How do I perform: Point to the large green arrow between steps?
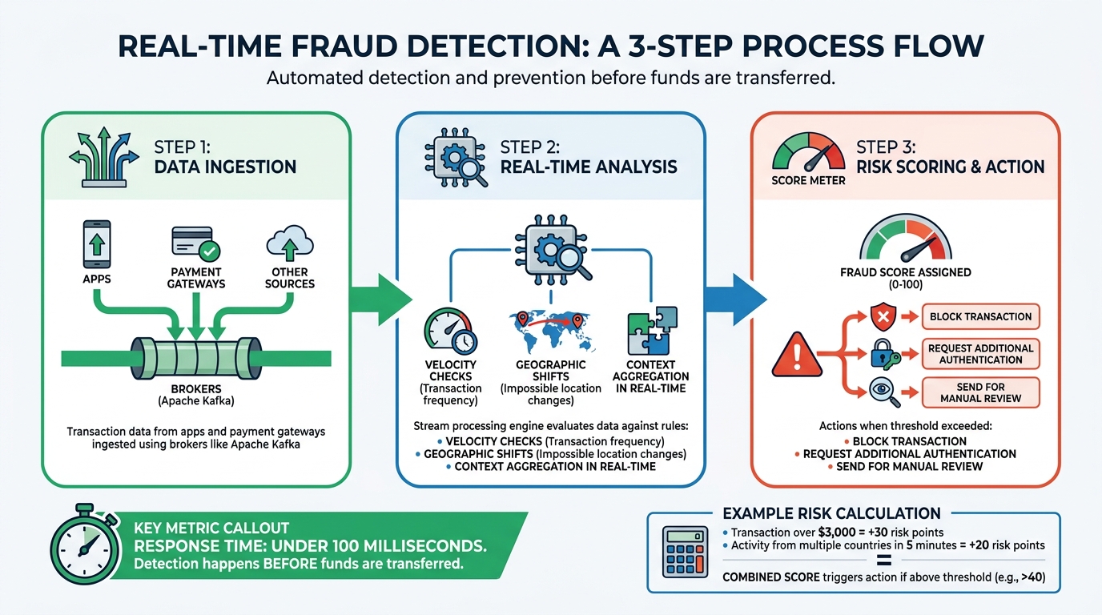[x=382, y=299]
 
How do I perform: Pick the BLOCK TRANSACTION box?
[x=980, y=316]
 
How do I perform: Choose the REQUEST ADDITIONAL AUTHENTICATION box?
[x=980, y=354]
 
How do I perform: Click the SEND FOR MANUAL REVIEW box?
[x=980, y=392]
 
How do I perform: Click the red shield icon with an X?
[x=883, y=316]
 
